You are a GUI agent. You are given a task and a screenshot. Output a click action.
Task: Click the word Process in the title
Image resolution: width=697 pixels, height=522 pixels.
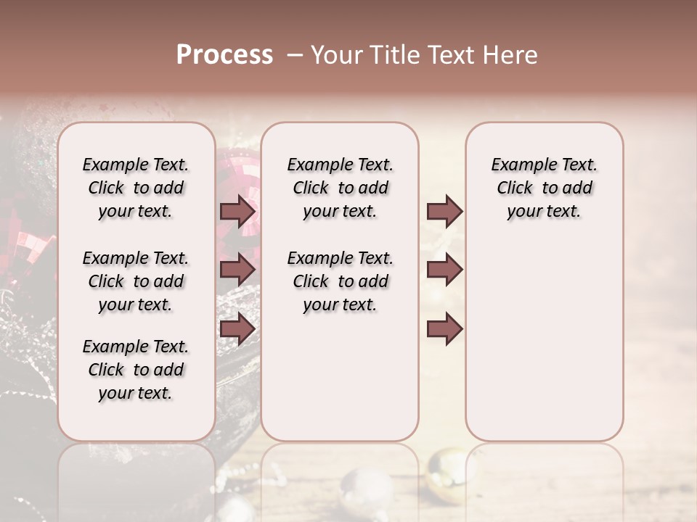[x=224, y=55]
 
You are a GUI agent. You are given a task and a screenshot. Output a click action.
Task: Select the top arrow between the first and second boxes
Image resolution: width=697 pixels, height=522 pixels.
[x=237, y=211]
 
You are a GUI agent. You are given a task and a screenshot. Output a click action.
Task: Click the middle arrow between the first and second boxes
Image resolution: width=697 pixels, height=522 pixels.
[x=237, y=270]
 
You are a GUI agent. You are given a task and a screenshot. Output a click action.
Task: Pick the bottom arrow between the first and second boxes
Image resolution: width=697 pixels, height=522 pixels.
[x=237, y=329]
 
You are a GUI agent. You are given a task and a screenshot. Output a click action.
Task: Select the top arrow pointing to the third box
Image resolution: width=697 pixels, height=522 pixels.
[x=444, y=211]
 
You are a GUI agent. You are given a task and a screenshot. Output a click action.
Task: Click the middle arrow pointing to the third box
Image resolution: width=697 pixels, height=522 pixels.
[x=444, y=270]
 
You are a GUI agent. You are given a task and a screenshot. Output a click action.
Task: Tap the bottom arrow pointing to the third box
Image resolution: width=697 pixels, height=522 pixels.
[x=444, y=329]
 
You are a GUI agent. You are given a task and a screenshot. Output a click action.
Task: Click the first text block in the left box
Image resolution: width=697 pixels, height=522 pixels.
[x=136, y=188]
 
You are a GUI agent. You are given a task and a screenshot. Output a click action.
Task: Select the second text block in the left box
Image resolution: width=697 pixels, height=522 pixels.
[x=136, y=281]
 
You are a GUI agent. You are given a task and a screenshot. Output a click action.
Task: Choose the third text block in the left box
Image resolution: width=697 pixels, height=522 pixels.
[x=136, y=370]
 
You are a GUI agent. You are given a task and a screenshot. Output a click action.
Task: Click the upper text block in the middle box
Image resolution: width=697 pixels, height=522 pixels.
[x=340, y=188]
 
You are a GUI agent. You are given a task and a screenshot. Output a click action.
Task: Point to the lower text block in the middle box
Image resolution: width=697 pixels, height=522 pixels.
[x=340, y=281]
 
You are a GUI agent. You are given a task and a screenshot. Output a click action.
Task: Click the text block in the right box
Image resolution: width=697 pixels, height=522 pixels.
[x=544, y=188]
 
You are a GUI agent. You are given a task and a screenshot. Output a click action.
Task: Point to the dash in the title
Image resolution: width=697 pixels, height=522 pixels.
[x=295, y=55]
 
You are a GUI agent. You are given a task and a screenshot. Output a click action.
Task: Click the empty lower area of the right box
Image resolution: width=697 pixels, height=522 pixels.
[x=544, y=341]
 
